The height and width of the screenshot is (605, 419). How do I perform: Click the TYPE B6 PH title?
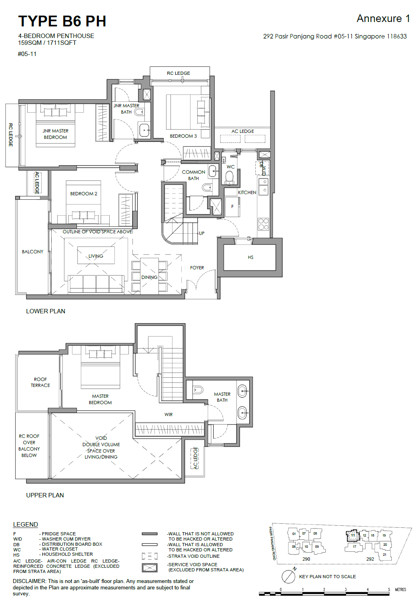[x=62, y=21]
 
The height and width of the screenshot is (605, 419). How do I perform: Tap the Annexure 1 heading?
[x=383, y=18]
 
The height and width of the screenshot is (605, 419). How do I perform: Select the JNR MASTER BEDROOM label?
[x=55, y=134]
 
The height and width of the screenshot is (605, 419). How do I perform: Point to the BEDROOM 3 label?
[x=183, y=136]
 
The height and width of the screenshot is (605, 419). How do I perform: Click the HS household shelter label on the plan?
[x=251, y=257]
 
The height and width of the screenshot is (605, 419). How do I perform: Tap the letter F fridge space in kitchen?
[x=233, y=206]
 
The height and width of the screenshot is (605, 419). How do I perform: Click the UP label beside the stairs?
[x=202, y=233]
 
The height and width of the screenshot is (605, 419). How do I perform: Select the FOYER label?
[x=197, y=268]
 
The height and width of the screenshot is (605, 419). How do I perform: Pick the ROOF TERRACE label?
[x=40, y=382]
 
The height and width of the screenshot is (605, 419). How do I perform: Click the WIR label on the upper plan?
[x=168, y=414]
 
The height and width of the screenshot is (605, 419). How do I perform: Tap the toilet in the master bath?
[x=198, y=390]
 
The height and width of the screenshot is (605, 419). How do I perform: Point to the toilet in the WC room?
[x=229, y=177]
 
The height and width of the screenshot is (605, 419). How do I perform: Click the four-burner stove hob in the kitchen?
[x=263, y=224]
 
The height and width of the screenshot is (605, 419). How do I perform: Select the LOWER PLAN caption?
[x=46, y=311]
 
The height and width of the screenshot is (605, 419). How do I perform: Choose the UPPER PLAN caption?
[x=45, y=495]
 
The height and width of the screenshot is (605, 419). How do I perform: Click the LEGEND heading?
[x=25, y=524]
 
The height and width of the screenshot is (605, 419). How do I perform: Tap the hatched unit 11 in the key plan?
[x=353, y=535]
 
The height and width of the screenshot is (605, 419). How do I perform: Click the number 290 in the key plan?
[x=306, y=559]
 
